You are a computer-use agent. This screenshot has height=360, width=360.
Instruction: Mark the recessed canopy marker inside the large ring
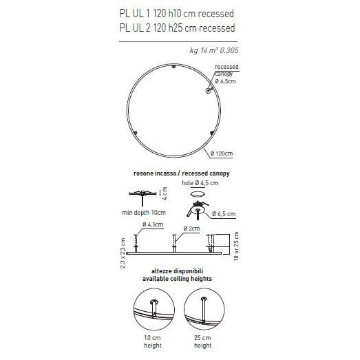point(208,90)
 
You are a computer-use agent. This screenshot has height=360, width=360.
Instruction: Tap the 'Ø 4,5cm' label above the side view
point(152,225)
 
